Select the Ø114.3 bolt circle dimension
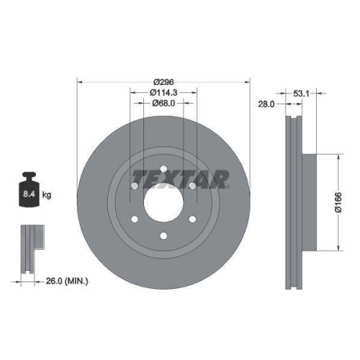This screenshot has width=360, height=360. click(x=163, y=92)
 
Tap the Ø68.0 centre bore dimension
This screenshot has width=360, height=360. click(x=163, y=103)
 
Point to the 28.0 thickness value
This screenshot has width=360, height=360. click(x=267, y=104)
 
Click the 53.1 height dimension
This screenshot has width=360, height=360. click(x=302, y=93)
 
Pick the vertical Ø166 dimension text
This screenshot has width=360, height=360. click(x=346, y=203)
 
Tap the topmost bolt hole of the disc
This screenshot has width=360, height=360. click(x=163, y=170)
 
